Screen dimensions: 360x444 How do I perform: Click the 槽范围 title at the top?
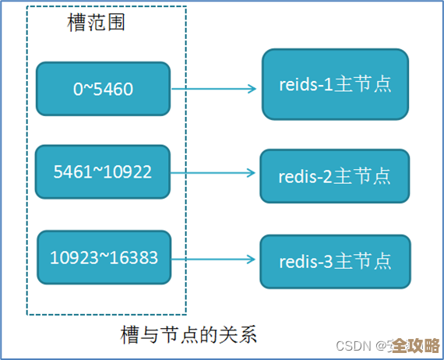97,22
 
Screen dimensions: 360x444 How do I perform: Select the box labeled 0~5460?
103,90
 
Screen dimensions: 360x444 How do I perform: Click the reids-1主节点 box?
335,85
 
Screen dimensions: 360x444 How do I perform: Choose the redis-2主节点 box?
334,176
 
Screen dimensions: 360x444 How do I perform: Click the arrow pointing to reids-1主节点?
213,89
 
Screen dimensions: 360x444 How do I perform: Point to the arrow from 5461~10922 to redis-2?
214,173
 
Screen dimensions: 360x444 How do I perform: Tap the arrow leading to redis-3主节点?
214,259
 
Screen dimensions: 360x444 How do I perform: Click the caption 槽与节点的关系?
189,336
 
